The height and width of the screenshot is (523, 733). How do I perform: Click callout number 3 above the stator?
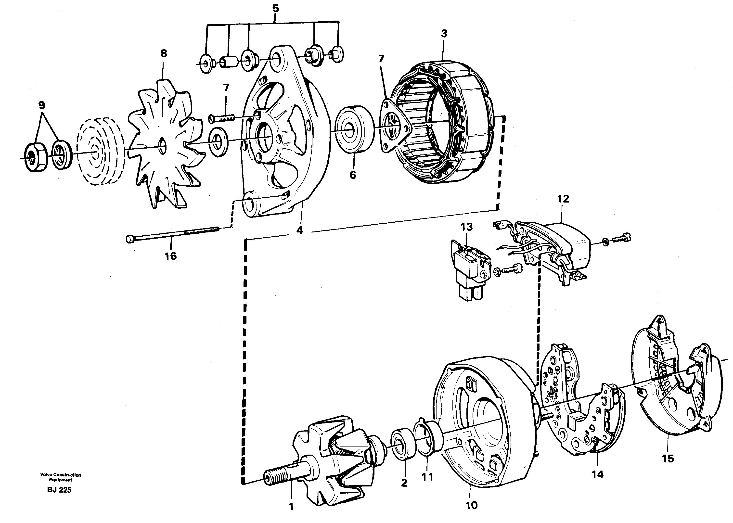[444, 34]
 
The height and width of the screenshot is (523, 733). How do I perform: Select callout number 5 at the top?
[275, 9]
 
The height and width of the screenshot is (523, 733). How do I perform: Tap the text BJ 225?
[59, 490]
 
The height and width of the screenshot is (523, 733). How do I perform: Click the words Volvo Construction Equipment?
[60, 477]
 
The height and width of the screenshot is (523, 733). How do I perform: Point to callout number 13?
[466, 227]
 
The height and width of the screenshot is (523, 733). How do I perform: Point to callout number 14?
[597, 474]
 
